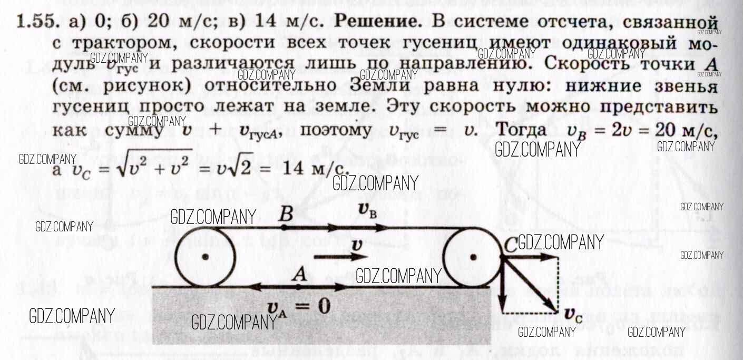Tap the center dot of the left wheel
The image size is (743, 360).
click(x=206, y=257)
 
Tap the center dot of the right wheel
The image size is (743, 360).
click(x=473, y=257)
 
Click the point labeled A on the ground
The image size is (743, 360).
click(x=298, y=286)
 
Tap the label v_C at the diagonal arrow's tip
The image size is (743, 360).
click(x=573, y=314)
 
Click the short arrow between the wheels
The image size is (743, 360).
click(x=339, y=257)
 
